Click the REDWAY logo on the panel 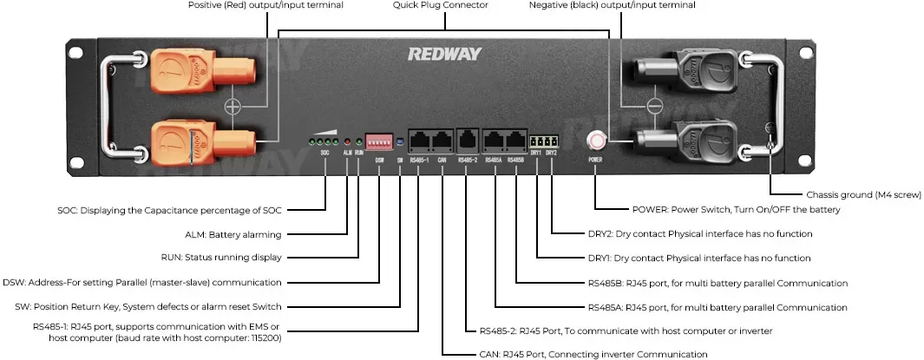tap(444, 54)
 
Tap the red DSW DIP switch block tap(379, 141)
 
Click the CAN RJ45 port tap(442, 141)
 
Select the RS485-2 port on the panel tap(468, 141)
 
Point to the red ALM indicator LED tap(347, 142)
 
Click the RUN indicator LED tap(359, 142)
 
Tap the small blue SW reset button tap(400, 142)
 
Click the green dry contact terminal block tap(543, 141)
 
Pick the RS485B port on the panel tap(515, 141)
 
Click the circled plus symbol tap(233, 107)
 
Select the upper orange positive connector tap(202, 72)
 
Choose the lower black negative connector tap(685, 142)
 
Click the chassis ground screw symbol tap(769, 128)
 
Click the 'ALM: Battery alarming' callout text tap(233, 234)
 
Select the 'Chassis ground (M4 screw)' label tap(863, 194)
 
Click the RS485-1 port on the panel tap(420, 141)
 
